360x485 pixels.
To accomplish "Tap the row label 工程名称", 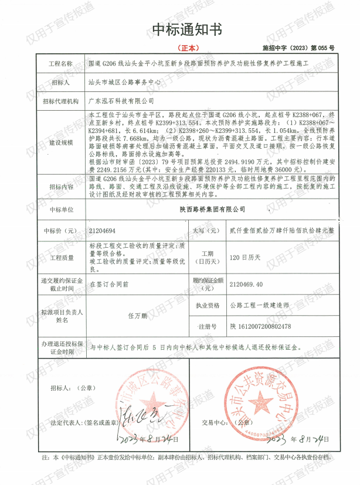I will pyautogui.click(x=61, y=64).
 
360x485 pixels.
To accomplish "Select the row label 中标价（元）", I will pyautogui.click(x=61, y=231).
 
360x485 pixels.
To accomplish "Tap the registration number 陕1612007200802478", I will pyautogui.click(x=261, y=326).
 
